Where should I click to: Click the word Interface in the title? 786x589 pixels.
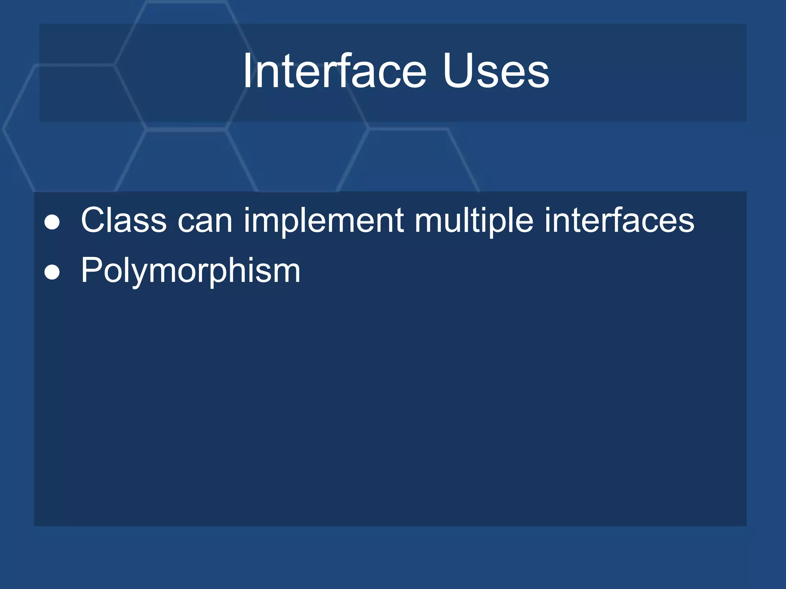pyautogui.click(x=334, y=72)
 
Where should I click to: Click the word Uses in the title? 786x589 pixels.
pyautogui.click(x=496, y=72)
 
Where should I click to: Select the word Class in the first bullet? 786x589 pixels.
pyautogui.click(x=124, y=220)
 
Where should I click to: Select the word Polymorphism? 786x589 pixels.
pyautogui.click(x=190, y=271)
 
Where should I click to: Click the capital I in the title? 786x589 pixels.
pyautogui.click(x=248, y=72)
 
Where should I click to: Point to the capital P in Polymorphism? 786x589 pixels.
pyautogui.click(x=91, y=270)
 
